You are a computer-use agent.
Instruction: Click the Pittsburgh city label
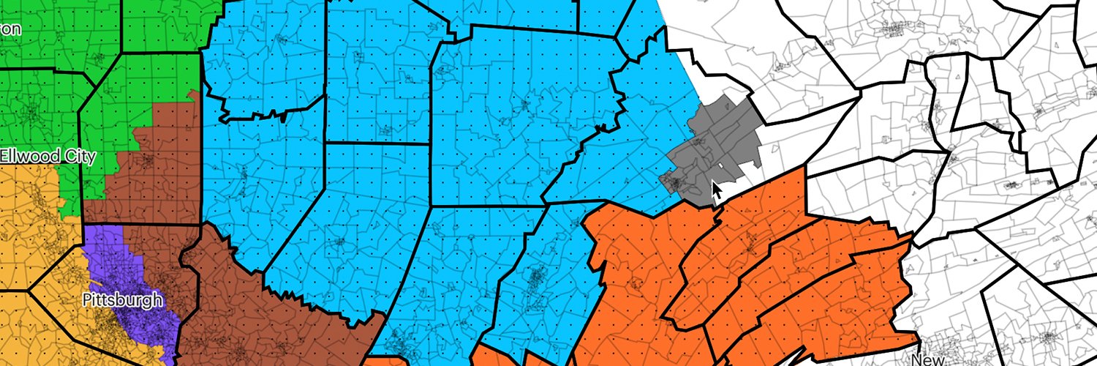tap(122, 299)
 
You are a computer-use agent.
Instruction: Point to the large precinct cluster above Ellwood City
tap(32, 113)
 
